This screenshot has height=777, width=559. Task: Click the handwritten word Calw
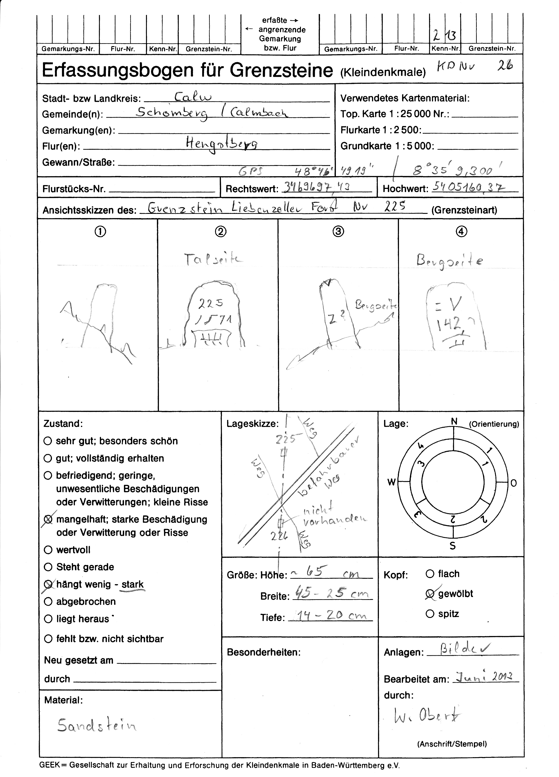click(x=193, y=97)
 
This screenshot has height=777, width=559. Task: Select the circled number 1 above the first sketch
click(x=100, y=232)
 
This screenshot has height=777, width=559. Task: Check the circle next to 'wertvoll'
click(x=48, y=550)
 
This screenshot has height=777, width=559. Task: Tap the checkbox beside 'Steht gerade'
click(x=48, y=567)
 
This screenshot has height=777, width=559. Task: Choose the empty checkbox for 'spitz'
click(x=430, y=613)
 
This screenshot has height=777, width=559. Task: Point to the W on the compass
click(x=391, y=482)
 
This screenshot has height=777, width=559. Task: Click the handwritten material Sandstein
click(x=97, y=725)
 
